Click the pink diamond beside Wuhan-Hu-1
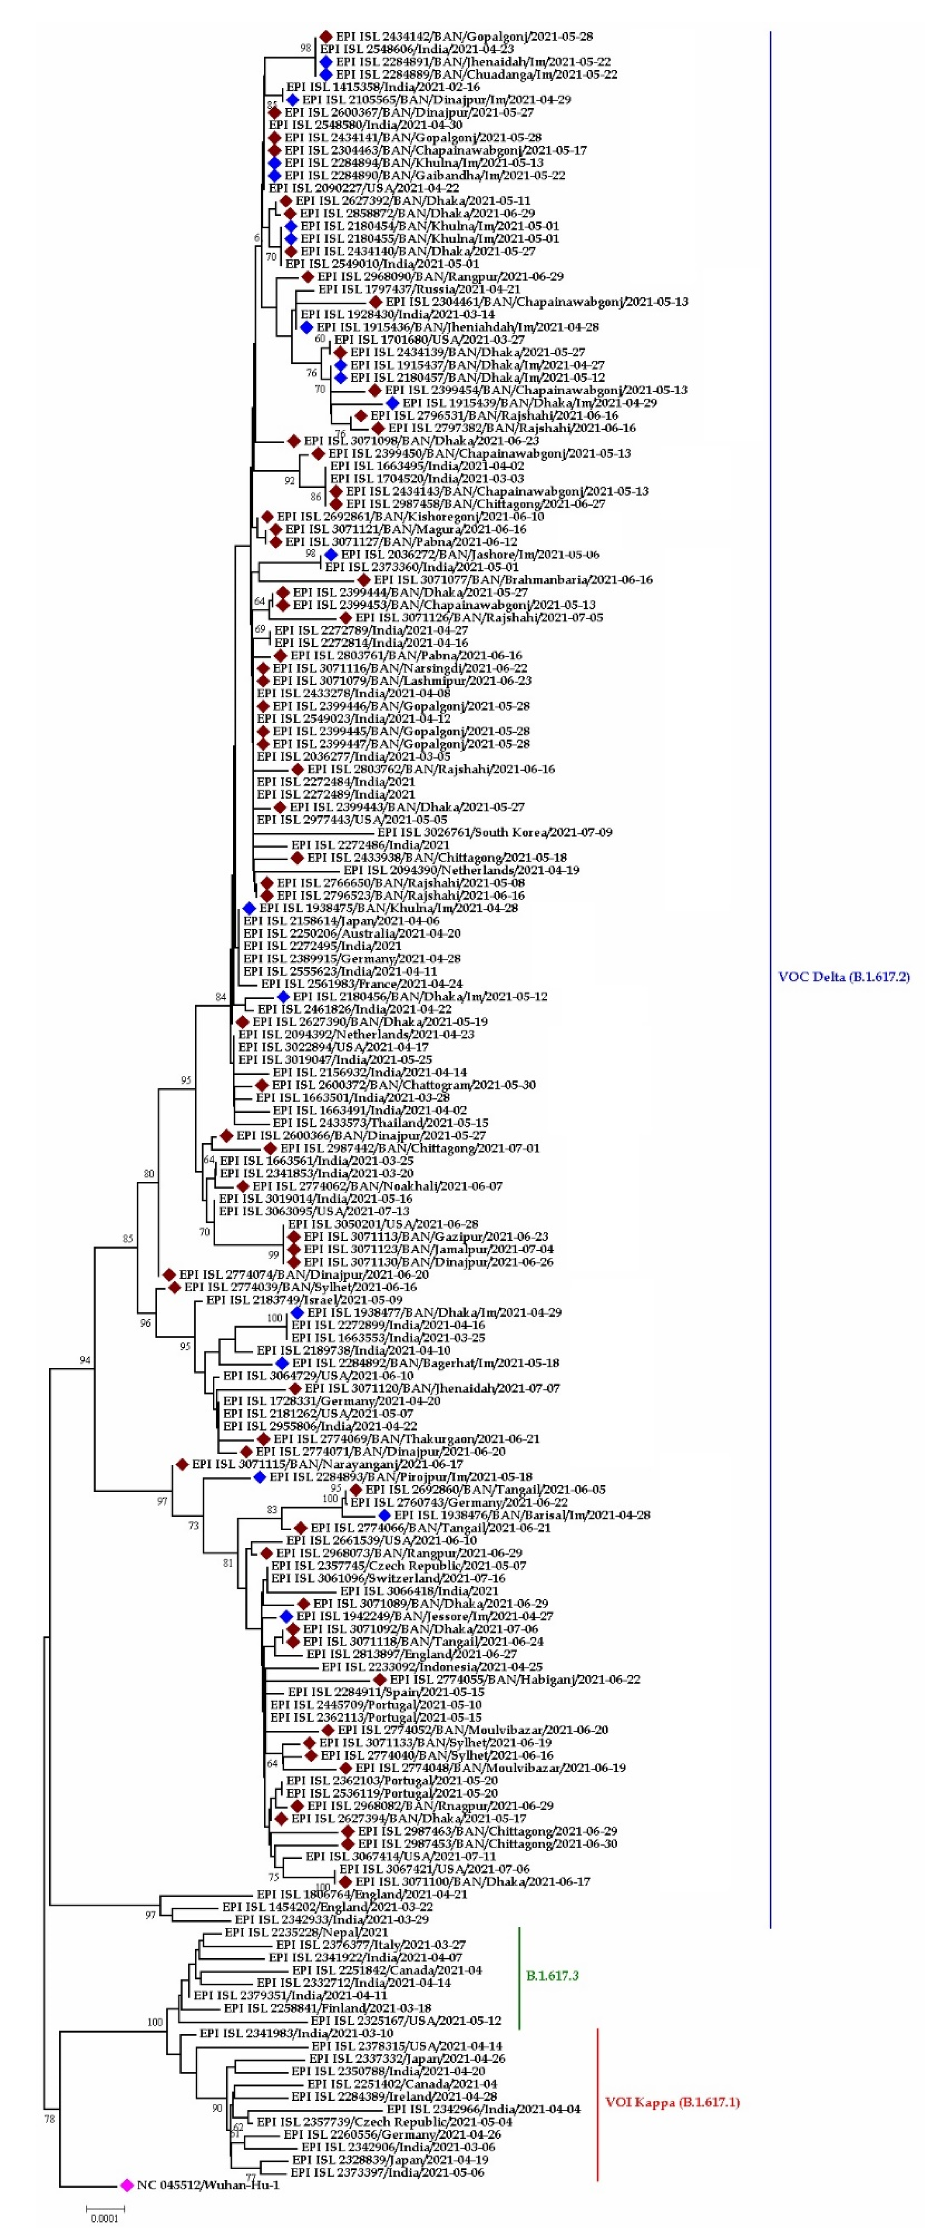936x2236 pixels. click(x=127, y=2185)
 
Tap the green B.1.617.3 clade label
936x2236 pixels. click(x=552, y=1975)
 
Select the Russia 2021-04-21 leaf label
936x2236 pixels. click(x=418, y=289)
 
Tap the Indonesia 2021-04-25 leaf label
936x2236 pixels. click(x=431, y=1667)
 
